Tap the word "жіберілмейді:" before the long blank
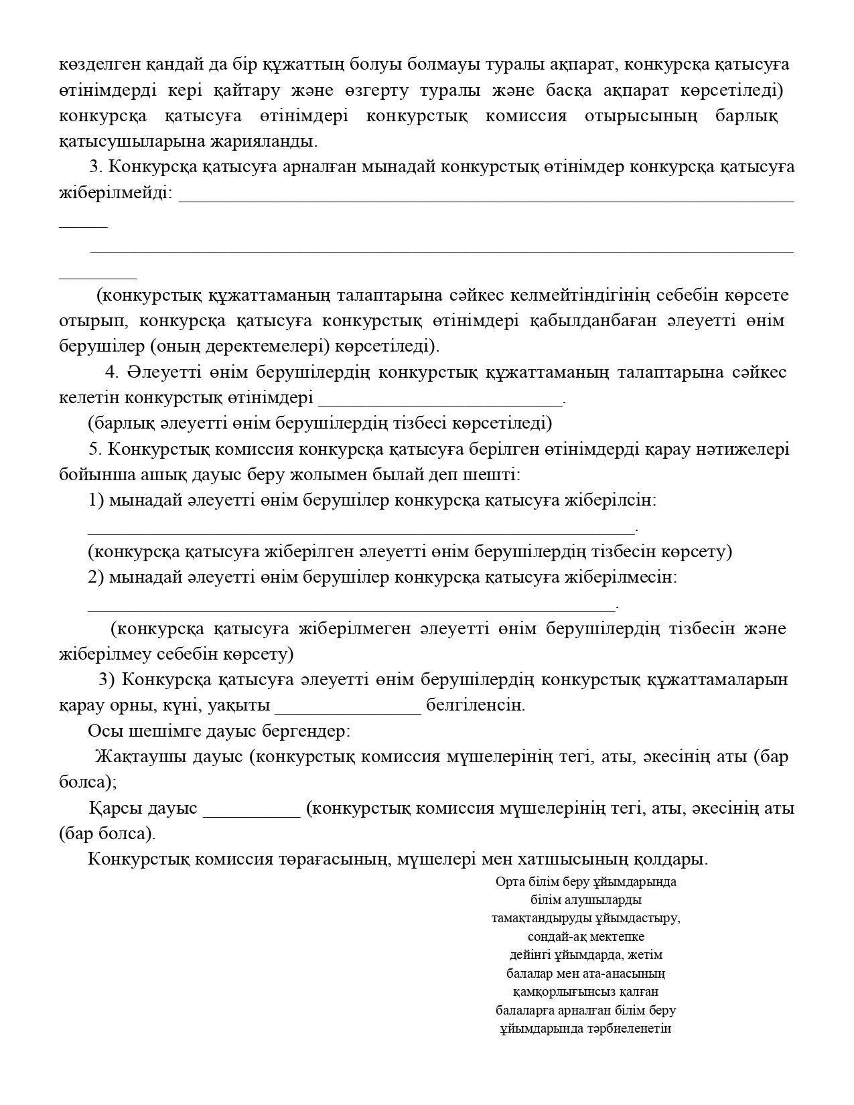click(x=115, y=193)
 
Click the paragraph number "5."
click(x=95, y=449)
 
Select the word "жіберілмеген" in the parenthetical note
click(x=354, y=628)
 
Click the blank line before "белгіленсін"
click(x=348, y=707)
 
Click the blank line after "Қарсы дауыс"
click(x=252, y=810)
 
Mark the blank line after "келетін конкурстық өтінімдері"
click(x=441, y=401)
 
